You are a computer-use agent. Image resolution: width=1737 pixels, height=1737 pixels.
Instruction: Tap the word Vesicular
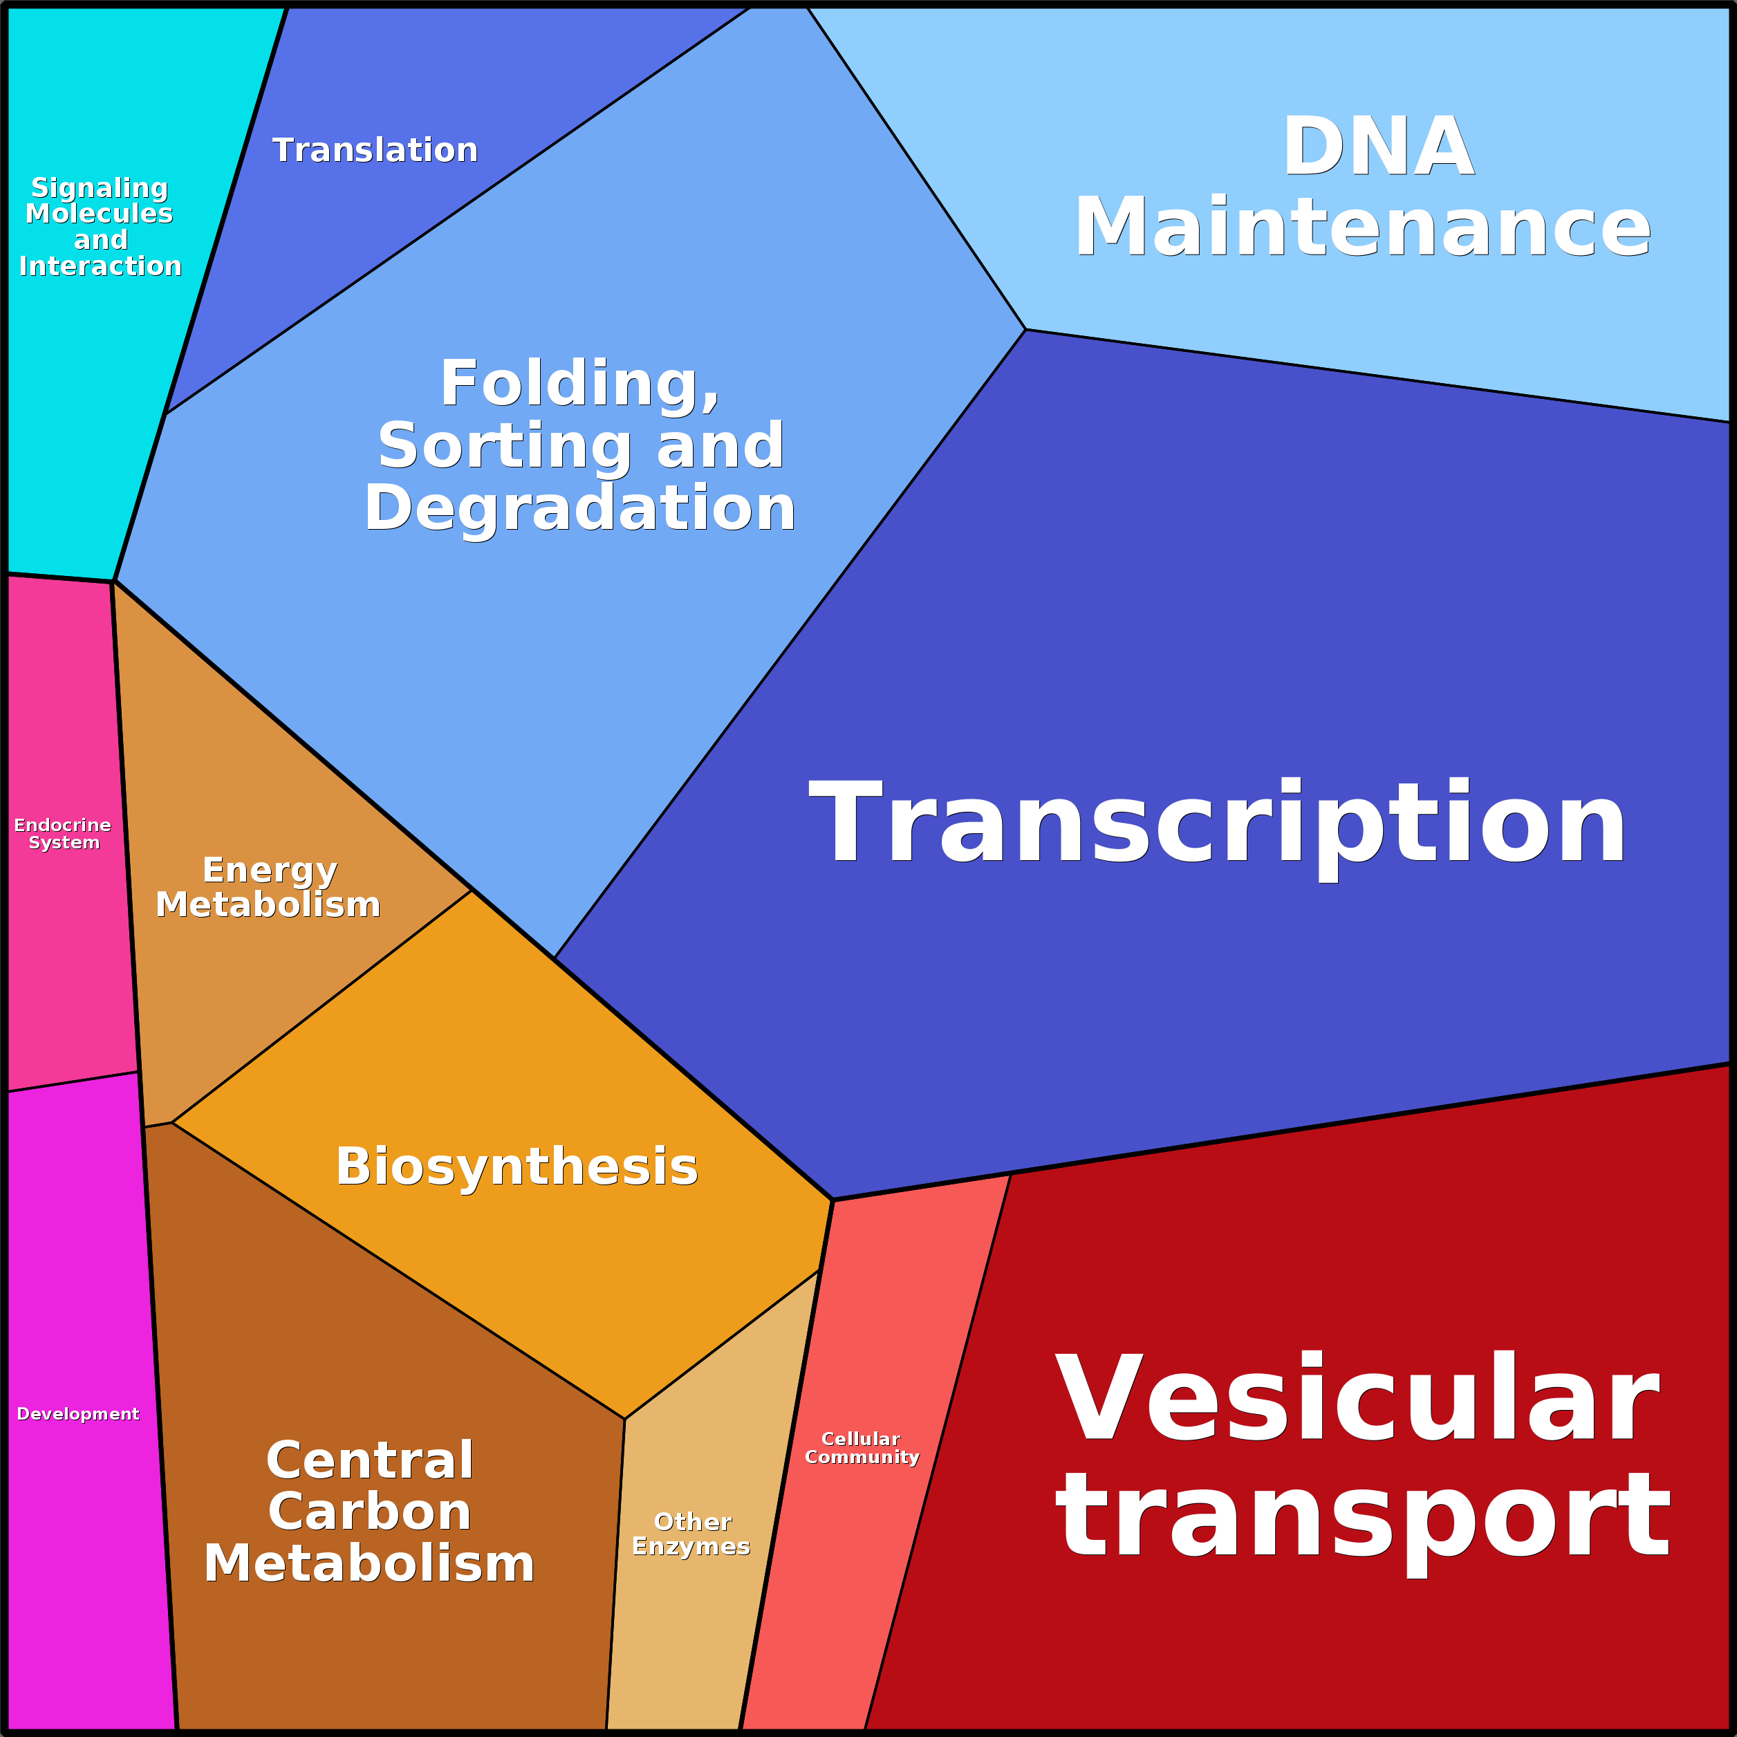point(1357,1400)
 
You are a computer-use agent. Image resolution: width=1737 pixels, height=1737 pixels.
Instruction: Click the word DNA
point(1378,147)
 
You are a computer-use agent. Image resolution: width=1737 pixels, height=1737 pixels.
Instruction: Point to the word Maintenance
point(1363,227)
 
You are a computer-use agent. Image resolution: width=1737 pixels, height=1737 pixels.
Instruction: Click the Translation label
point(375,150)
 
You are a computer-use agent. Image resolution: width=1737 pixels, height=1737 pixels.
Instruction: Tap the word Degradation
point(580,508)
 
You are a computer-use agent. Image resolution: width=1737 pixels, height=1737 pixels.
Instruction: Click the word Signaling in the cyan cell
point(100,188)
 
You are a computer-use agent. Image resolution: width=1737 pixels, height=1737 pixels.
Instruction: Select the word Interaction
point(100,266)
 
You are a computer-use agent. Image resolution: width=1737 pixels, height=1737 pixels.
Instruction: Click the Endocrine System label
point(63,833)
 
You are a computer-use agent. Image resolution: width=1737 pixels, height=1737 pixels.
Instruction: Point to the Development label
point(78,1414)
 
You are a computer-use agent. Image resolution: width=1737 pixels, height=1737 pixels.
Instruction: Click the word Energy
point(270,871)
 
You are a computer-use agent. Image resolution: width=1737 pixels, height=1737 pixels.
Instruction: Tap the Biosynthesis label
point(517,1167)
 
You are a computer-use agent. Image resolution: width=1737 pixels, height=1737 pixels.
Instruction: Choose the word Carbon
point(369,1512)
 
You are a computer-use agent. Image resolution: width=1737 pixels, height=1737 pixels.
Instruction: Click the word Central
point(369,1460)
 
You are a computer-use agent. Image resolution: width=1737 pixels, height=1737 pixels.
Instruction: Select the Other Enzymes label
point(691,1534)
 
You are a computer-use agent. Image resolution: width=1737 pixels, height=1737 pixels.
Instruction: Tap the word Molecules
point(100,214)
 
